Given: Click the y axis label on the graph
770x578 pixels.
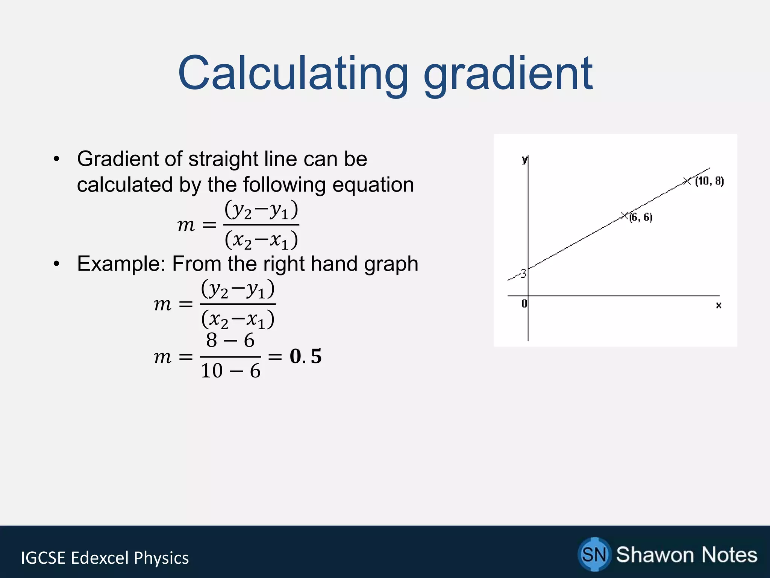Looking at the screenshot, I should click(x=524, y=160).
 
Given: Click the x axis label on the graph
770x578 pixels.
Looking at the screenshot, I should click(x=718, y=305).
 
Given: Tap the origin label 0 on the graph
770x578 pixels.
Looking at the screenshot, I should click(x=524, y=303).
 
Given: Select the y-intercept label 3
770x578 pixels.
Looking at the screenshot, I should click(x=523, y=274).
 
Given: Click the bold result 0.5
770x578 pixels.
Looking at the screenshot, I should click(x=306, y=356).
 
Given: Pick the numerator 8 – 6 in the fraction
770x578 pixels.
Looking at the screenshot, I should click(x=230, y=341).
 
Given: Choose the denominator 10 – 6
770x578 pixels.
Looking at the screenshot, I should click(x=230, y=371).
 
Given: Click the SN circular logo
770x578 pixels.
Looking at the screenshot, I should click(x=594, y=554).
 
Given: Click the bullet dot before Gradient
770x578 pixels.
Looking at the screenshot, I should click(x=56, y=159).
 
